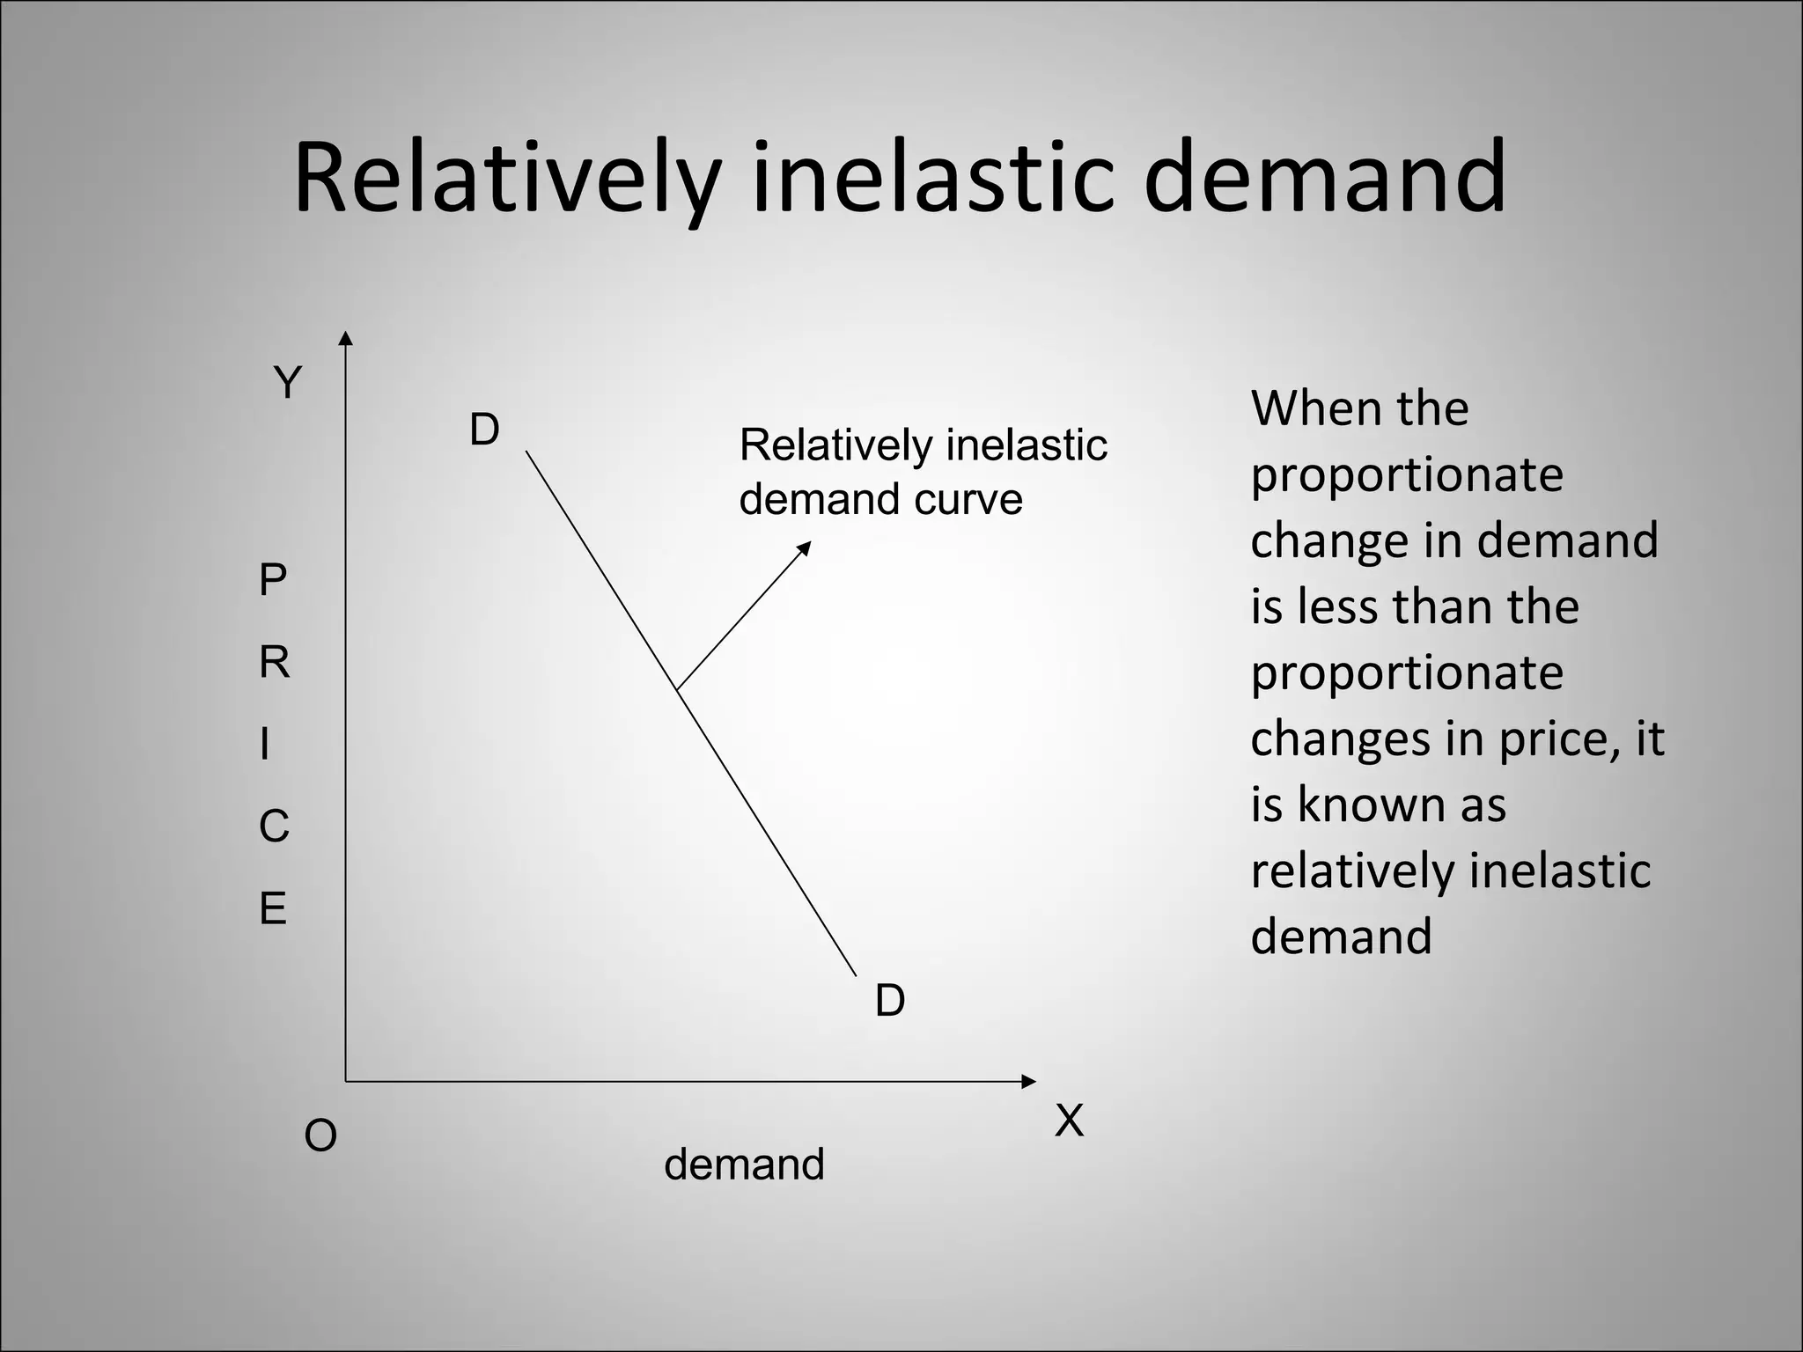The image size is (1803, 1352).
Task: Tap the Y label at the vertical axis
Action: click(288, 383)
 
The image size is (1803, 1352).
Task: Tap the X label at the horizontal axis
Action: click(1069, 1121)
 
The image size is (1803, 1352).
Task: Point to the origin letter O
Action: click(320, 1136)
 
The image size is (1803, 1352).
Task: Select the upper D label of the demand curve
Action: click(484, 430)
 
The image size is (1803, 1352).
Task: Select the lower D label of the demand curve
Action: click(890, 1001)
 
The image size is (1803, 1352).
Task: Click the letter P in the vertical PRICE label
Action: click(273, 581)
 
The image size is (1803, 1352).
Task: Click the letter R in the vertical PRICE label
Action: click(274, 662)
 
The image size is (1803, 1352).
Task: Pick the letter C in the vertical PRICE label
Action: click(274, 827)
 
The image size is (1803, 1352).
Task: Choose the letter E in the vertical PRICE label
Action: click(273, 908)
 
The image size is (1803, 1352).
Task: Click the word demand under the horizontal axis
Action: click(744, 1165)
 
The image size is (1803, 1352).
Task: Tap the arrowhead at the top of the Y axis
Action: click(346, 339)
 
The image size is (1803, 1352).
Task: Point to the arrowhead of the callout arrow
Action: click(804, 547)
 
